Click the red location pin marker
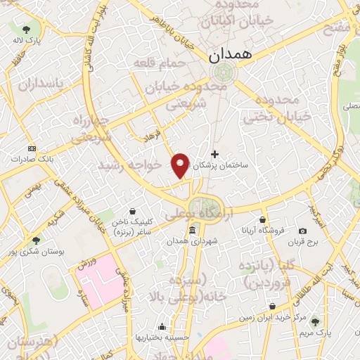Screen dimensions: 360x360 point(181,165)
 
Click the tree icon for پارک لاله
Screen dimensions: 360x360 point(27,30)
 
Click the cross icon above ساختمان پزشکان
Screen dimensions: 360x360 point(214,154)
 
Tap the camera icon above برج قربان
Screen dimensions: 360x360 point(302,231)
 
